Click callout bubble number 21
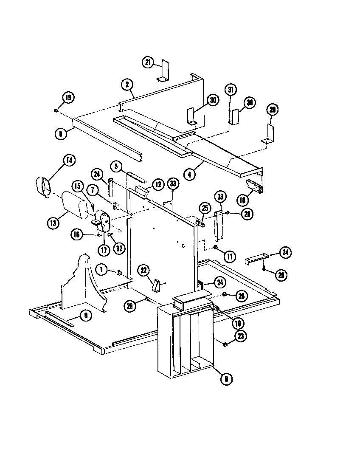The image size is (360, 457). click(148, 62)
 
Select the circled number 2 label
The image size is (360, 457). click(127, 85)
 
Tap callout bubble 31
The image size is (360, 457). click(231, 90)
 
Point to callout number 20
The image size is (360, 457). click(273, 109)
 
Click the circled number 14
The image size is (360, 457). click(68, 160)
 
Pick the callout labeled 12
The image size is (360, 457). click(158, 184)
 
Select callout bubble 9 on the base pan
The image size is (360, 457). click(86, 316)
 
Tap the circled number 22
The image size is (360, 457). click(144, 270)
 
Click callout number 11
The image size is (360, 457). click(230, 256)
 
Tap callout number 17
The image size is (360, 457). click(103, 250)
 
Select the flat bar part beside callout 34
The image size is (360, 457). click(257, 257)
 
